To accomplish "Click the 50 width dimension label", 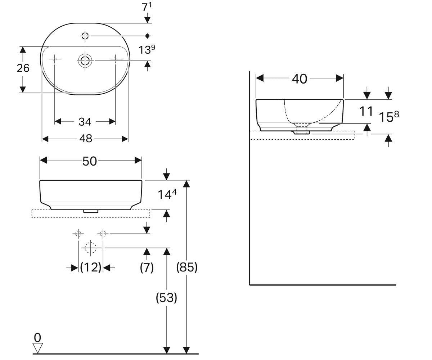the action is tap(90, 161).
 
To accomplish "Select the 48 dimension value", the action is tap(86, 138).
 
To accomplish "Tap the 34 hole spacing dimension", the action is tap(85, 122).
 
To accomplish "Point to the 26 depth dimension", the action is tap(23, 68).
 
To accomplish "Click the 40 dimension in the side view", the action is tap(300, 79).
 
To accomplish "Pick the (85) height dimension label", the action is tap(187, 267).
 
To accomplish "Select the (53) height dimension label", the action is tap(167, 298).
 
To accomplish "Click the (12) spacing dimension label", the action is tap(91, 267).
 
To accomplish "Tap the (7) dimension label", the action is tap(147, 267).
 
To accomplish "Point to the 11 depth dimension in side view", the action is tap(366, 112).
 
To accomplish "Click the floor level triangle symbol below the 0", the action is tap(38, 348).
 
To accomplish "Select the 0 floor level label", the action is tap(37, 338).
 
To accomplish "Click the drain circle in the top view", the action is tap(85, 60).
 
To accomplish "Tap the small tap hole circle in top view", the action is tap(85, 36).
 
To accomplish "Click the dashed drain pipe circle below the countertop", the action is tap(91, 248).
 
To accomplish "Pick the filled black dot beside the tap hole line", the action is tap(147, 36).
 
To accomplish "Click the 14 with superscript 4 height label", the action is tap(167, 194).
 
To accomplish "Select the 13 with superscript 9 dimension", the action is tap(147, 50).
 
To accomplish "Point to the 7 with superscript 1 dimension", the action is tap(147, 7).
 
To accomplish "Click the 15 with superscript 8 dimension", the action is tap(389, 117).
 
